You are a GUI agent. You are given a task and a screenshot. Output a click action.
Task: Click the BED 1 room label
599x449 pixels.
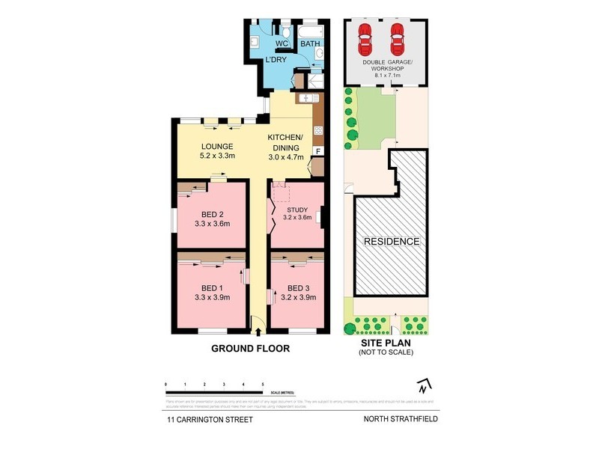(211, 288)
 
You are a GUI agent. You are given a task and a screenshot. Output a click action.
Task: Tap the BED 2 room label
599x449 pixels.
(211, 214)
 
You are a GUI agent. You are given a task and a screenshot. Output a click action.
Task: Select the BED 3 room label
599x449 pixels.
(298, 288)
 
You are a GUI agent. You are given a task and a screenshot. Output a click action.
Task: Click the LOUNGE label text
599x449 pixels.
(218, 147)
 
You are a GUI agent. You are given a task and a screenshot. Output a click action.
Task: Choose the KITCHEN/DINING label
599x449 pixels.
(285, 142)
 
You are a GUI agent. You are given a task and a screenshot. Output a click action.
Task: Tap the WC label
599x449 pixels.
(282, 43)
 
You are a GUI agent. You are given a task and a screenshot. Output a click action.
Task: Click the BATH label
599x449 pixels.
(309, 44)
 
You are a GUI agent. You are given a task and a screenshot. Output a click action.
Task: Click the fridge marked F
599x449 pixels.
(317, 152)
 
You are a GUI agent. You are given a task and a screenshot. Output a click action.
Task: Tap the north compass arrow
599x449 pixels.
(424, 386)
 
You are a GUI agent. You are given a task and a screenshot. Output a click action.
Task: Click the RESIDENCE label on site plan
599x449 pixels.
(392, 242)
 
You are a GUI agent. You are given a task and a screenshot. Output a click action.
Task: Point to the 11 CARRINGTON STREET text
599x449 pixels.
(210, 420)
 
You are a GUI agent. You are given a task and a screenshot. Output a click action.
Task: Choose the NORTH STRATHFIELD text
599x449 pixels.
(401, 420)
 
